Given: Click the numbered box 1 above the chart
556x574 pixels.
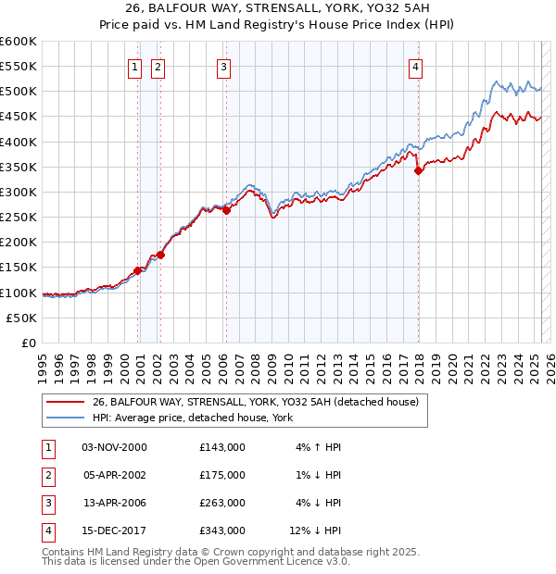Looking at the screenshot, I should click(134, 66).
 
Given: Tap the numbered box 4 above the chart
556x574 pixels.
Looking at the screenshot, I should click(417, 66).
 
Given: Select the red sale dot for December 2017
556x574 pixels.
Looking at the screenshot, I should click(418, 170).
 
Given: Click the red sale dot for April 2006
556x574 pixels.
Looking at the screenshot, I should click(227, 210).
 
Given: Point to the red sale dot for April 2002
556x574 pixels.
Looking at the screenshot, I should click(160, 255).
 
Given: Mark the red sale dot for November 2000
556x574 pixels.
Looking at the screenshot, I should click(138, 270).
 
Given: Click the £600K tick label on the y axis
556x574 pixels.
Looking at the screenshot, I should click(19, 42).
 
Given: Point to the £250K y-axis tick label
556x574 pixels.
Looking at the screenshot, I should click(19, 217).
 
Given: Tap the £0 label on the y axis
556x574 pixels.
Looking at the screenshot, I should click(28, 343).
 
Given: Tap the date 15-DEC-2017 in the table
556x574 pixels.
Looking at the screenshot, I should click(114, 530).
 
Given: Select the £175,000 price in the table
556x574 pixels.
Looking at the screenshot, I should click(222, 475).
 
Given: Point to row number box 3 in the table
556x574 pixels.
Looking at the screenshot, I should click(46, 503).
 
